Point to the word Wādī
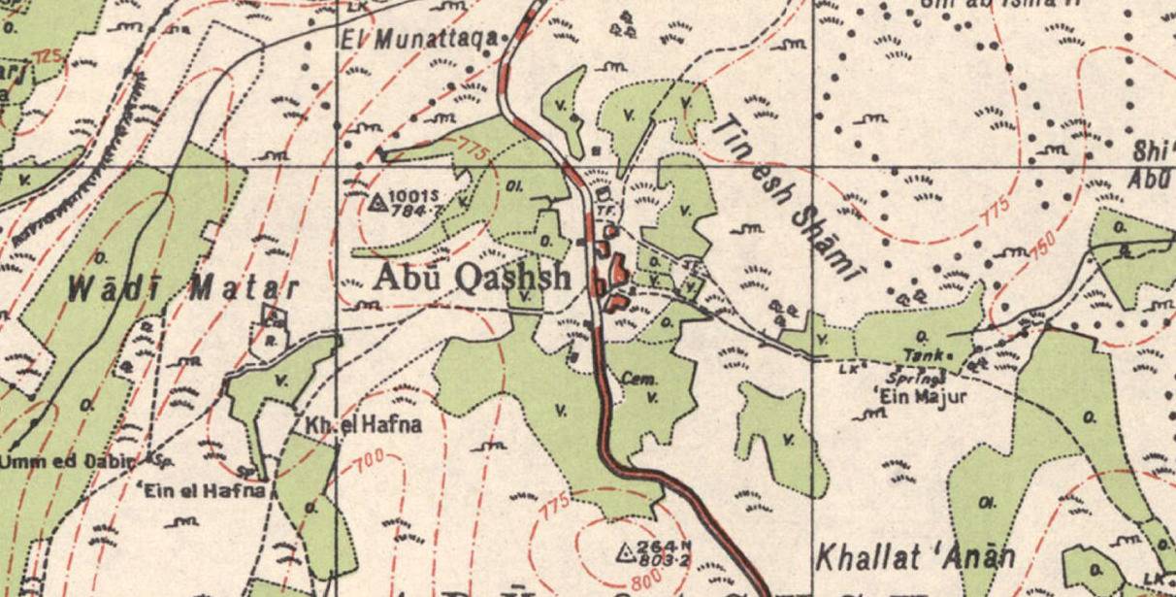(x=118, y=287)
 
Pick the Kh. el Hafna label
(x=349, y=425)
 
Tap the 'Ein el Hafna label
(x=205, y=490)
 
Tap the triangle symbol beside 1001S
(x=378, y=202)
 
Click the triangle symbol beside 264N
(x=627, y=552)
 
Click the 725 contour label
(x=47, y=58)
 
